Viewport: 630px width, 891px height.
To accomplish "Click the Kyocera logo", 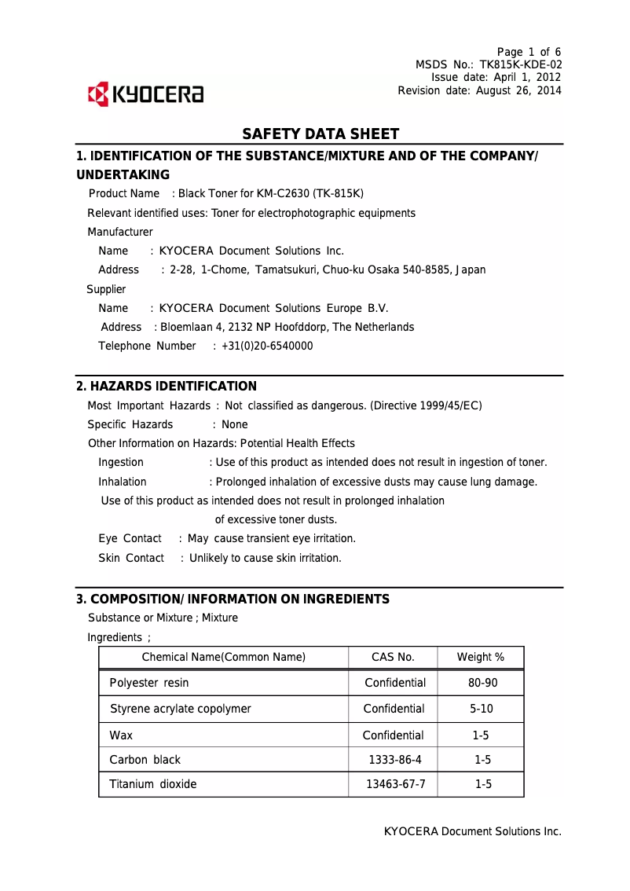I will tap(146, 94).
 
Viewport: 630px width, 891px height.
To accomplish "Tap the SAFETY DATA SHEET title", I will tap(320, 134).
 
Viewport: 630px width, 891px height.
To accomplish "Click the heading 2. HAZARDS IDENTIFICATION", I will tap(167, 387).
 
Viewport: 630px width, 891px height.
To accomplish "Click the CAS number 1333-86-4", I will tap(395, 760).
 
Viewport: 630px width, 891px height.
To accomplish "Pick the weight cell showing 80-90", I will tap(482, 683).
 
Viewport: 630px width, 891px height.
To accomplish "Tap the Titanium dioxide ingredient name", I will tap(153, 784).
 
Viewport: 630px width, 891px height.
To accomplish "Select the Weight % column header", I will tap(481, 658).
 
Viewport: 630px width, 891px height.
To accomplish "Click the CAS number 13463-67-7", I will tap(396, 784).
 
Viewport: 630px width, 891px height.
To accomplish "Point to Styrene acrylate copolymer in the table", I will tap(181, 709).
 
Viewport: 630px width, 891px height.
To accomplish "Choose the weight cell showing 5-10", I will tap(482, 709).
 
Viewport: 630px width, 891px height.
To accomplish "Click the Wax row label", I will tap(121, 735).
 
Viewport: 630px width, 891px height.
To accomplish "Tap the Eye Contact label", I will tap(130, 538).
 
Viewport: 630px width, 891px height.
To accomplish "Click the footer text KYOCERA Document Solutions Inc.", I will tap(472, 831).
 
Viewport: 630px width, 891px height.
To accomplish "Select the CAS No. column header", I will tap(393, 658).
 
